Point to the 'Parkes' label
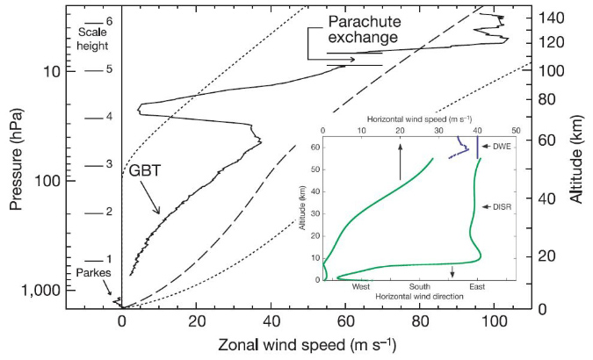pos(91,272)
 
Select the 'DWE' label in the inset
pos(502,146)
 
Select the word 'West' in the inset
pos(360,286)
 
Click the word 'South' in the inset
pos(418,286)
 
